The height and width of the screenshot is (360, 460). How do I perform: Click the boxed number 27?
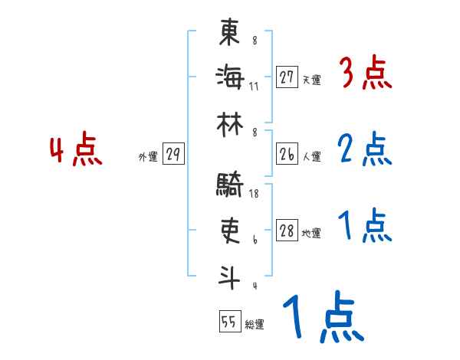[x=287, y=77]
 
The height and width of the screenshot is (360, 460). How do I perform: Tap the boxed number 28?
[x=287, y=231]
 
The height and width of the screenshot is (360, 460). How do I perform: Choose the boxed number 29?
[x=173, y=155]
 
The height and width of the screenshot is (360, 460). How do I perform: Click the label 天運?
[x=311, y=80]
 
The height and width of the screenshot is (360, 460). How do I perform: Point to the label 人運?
[x=311, y=157]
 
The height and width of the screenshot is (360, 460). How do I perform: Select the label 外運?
[x=148, y=157]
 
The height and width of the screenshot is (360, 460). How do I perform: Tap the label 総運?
[x=255, y=325]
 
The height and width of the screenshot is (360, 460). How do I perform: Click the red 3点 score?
[x=365, y=75]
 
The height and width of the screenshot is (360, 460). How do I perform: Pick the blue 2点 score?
[x=365, y=150]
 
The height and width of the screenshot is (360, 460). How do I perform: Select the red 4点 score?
[x=76, y=150]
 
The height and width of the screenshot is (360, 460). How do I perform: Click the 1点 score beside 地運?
[x=365, y=227]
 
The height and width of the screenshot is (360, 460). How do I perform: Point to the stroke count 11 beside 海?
[x=254, y=86]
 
